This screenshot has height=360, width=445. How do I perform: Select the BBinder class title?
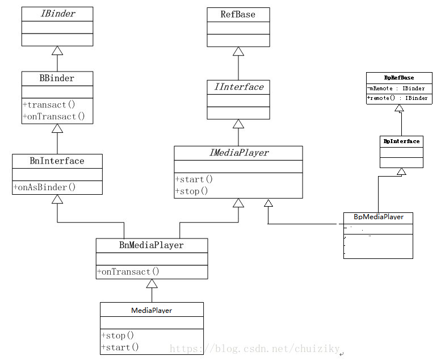point(57,78)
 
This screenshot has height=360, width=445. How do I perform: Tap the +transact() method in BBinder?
point(49,104)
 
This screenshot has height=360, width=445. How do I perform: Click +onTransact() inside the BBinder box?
point(54,116)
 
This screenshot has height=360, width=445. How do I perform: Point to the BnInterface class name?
point(57,161)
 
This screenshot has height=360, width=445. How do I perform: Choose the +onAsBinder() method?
point(45,187)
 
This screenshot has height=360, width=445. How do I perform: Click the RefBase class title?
point(238,15)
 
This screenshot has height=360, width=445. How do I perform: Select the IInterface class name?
point(238,87)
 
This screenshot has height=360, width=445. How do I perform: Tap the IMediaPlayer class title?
point(238,153)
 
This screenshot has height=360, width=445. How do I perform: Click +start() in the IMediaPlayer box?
point(194,179)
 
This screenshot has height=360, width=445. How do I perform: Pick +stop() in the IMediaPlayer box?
point(192,191)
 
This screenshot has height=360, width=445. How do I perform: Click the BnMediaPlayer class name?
point(152,245)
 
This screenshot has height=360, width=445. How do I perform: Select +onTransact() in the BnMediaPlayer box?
point(128,271)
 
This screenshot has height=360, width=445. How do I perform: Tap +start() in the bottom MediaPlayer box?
point(120,347)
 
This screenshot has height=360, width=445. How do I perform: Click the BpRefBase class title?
point(398,78)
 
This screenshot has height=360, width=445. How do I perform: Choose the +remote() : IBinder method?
point(398,98)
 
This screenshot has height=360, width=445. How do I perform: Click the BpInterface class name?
point(401,141)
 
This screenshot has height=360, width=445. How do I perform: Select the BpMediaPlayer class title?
point(378,217)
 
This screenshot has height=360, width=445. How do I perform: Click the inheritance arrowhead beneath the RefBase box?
point(238,52)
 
